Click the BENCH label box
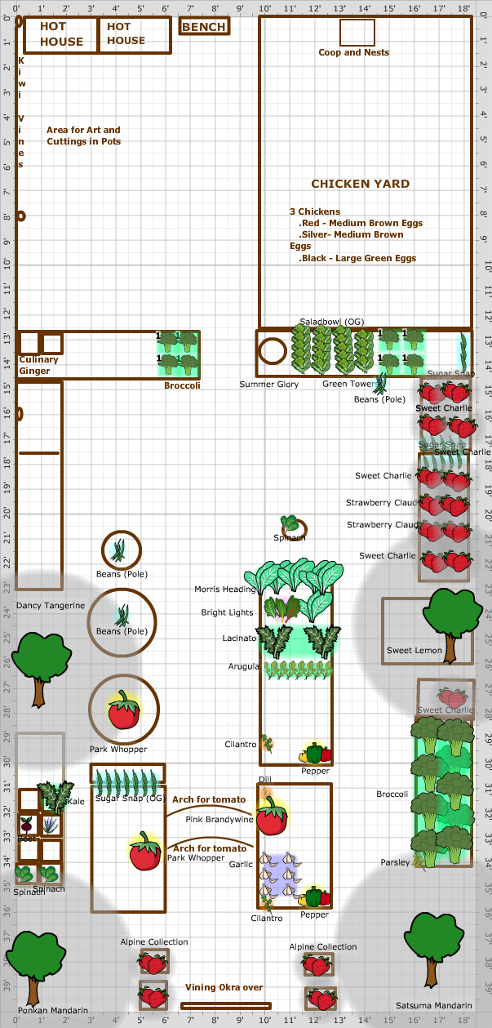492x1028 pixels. tap(204, 27)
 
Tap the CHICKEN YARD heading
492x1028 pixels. tap(360, 184)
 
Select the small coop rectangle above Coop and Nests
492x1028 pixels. tap(357, 32)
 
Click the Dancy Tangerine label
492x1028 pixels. tap(51, 605)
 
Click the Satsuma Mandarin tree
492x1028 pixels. tap(433, 946)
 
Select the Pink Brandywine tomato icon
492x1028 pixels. tap(271, 815)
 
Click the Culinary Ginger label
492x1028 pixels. tap(38, 365)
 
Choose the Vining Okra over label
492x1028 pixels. tap(224, 987)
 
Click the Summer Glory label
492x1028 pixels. tap(268, 384)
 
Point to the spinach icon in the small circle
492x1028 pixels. tap(290, 524)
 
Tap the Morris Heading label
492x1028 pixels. tap(224, 589)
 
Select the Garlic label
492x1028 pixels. tap(241, 864)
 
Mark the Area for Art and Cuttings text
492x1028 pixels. tap(83, 136)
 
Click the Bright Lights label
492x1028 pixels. tap(227, 612)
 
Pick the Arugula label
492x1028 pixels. tap(244, 666)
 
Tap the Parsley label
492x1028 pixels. tap(396, 862)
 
